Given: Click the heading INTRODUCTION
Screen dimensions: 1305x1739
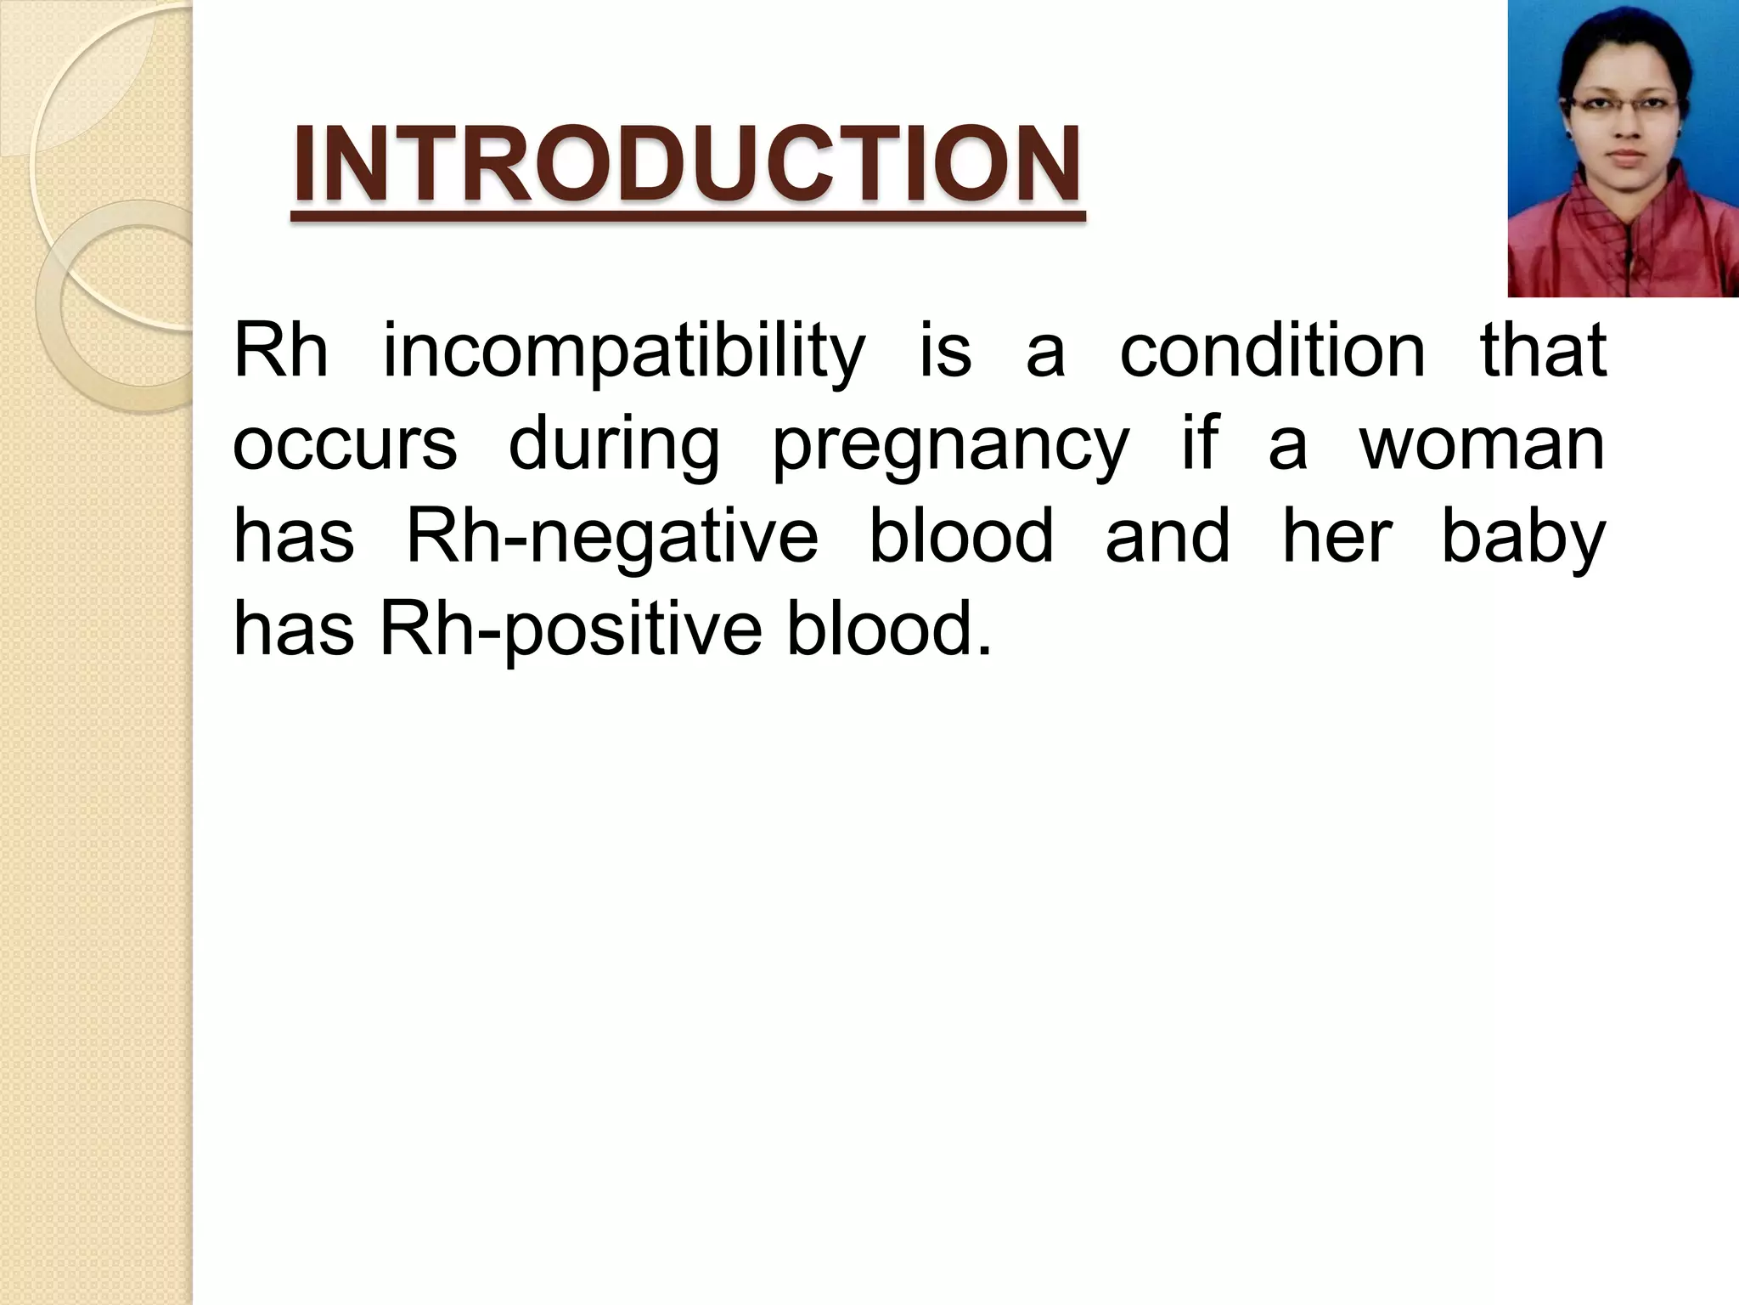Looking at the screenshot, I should pos(687,165).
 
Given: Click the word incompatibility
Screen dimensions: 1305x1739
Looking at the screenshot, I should pos(624,352).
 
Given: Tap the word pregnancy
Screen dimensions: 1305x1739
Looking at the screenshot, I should pos(950,445).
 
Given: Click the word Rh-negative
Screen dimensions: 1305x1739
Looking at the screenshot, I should pos(612,539).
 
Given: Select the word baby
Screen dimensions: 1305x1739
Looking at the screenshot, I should pos(1523,539).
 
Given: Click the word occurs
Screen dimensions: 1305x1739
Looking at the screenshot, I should pos(345,445).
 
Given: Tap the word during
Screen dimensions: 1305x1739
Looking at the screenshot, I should pos(613,445).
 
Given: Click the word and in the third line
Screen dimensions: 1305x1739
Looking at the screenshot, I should pos(1167,537).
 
